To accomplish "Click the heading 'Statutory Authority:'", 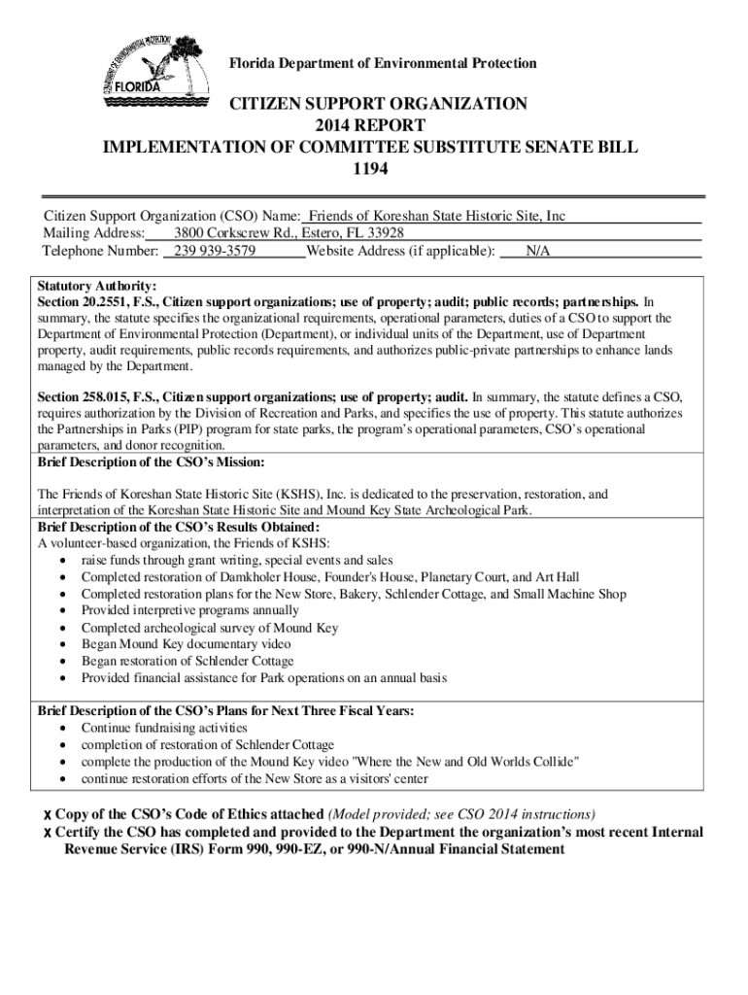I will (96, 287).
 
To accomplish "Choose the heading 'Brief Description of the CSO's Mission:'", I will (151, 462).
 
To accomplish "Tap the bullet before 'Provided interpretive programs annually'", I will (63, 611).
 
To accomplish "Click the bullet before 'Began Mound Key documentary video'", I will (63, 644).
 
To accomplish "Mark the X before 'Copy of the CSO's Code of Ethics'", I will (47, 814).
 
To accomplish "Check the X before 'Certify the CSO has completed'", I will (47, 833).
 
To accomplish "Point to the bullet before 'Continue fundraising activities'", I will (63, 728).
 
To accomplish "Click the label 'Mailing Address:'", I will (93, 233).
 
